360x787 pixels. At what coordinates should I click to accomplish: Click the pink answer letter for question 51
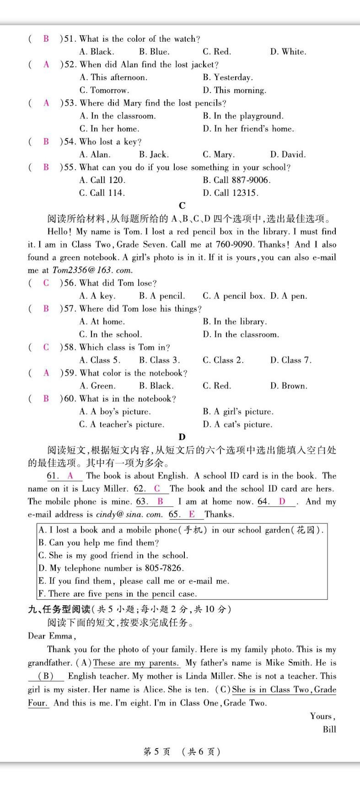46,39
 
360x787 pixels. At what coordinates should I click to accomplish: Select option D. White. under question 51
288,52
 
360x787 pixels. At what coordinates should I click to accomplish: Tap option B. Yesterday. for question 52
227,77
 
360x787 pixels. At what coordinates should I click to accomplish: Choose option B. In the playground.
243,116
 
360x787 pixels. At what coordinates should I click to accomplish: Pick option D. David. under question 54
288,154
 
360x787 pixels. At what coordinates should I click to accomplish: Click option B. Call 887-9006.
236,180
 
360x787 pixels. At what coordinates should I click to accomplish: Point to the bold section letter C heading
182,205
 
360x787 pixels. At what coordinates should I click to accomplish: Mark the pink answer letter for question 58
46,347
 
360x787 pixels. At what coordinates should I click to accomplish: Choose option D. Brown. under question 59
289,386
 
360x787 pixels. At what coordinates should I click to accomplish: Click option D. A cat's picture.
237,424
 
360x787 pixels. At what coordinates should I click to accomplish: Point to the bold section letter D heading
182,437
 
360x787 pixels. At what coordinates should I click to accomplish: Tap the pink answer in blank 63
160,501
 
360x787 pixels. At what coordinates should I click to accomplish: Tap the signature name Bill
329,729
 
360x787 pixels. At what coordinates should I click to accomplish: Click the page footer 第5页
156,751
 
